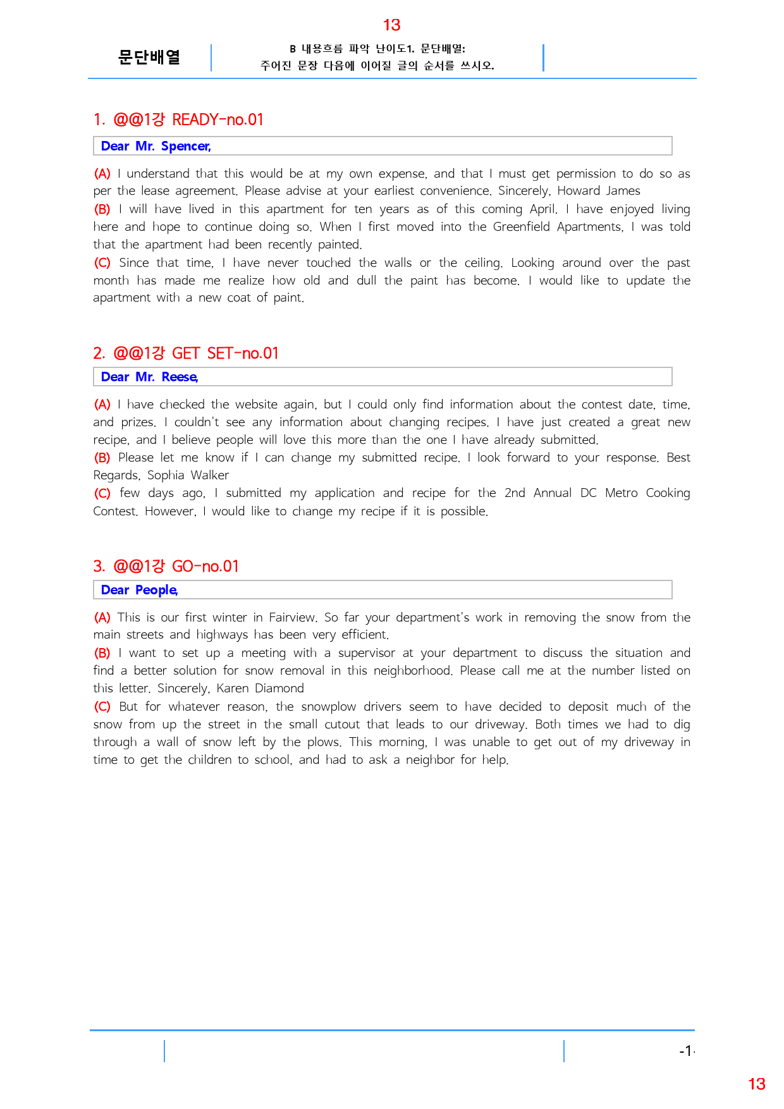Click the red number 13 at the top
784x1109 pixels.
tap(391, 25)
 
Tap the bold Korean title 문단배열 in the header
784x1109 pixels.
tap(149, 58)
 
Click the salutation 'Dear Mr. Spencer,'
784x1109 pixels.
tap(156, 146)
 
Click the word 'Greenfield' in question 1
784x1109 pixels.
tap(521, 226)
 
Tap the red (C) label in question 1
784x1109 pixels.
tap(102, 262)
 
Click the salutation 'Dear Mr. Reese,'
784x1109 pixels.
tap(149, 377)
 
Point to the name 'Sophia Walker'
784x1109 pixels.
tap(188, 475)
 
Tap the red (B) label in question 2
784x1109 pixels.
tap(102, 457)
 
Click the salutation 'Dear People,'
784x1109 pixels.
tap(139, 590)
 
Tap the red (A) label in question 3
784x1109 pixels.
tap(102, 617)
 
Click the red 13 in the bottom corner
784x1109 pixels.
tap(756, 1084)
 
